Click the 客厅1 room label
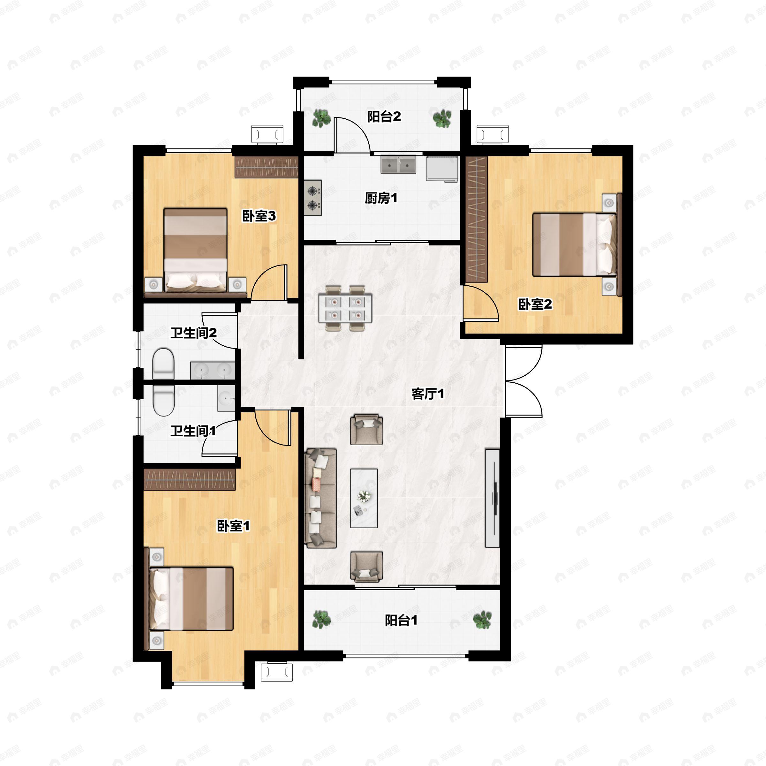(428, 394)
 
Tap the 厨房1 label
(381, 198)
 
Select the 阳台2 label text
(384, 116)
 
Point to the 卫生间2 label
(193, 333)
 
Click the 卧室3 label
(259, 216)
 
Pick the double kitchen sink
(398, 165)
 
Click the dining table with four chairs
(345, 308)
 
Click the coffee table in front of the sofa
(364, 498)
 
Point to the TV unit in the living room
(492, 498)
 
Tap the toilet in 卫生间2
(163, 364)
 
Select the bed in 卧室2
(574, 244)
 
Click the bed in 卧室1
(191, 599)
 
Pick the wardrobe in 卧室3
(266, 167)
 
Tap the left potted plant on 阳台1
(321, 619)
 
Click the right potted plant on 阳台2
(442, 118)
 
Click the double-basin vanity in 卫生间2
(213, 370)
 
